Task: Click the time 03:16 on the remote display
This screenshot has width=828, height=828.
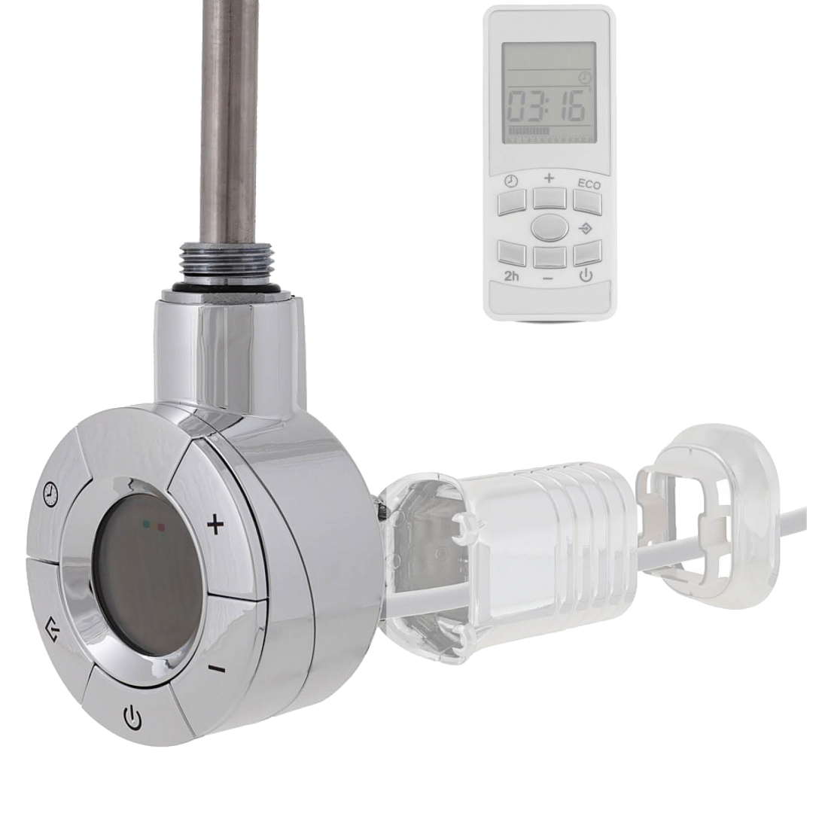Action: point(547,106)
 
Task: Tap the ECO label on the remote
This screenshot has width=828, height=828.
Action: point(589,184)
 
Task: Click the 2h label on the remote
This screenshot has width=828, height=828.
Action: point(511,275)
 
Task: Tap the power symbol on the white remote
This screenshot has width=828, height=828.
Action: point(586,275)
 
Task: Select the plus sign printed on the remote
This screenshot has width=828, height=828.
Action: point(549,178)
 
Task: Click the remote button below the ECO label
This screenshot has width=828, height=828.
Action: point(588,202)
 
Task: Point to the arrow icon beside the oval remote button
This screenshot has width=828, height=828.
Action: point(586,229)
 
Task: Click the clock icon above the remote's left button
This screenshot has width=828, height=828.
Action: point(510,181)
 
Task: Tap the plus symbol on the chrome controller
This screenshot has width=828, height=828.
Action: point(215,525)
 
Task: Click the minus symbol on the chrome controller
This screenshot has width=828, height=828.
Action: point(217,670)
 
